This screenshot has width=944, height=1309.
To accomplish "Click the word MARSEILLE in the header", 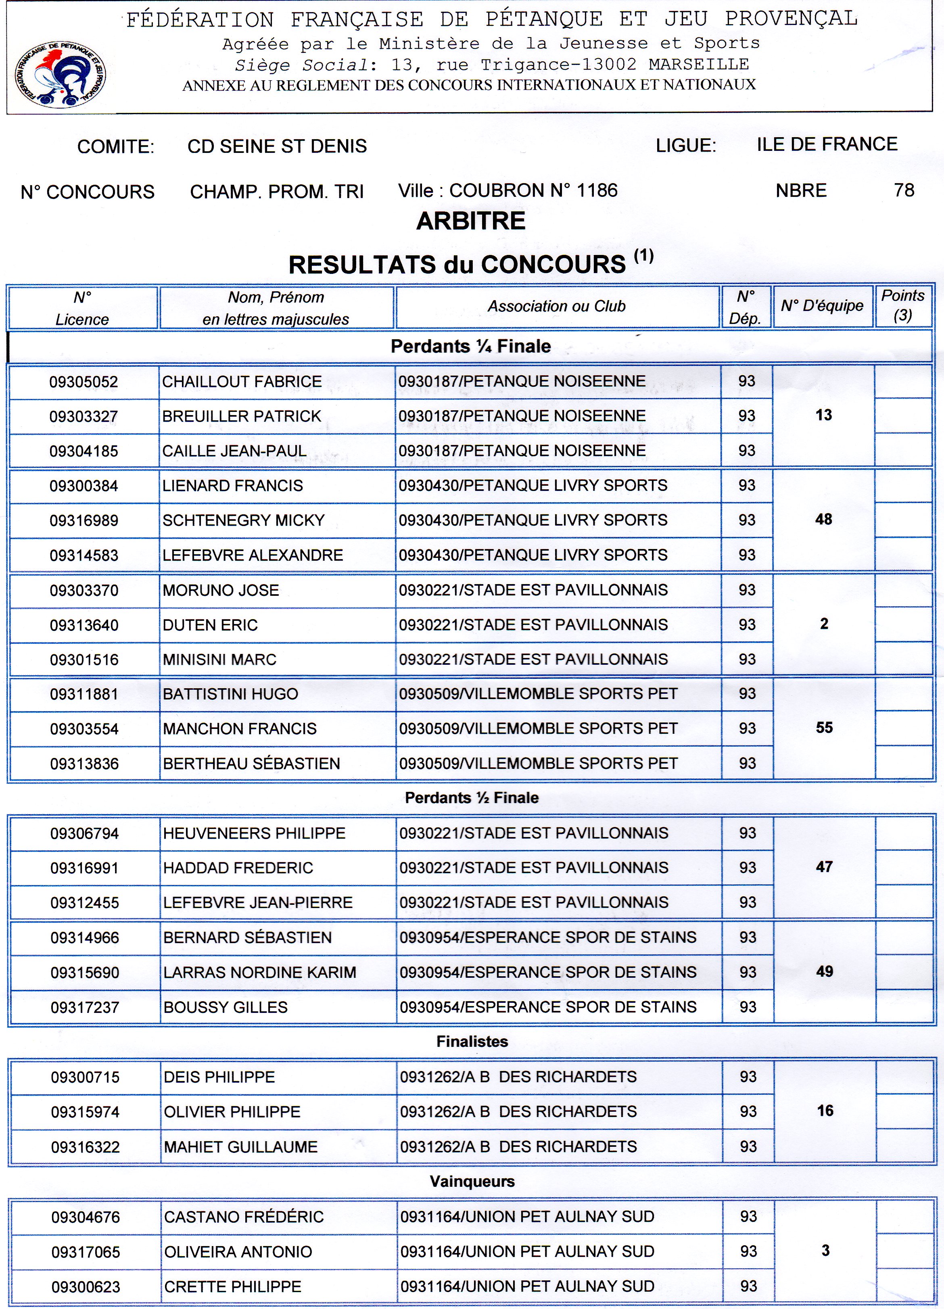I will click(699, 64).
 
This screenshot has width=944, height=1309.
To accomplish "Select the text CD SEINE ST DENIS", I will click(277, 146).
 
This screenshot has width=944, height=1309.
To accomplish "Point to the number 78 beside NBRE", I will click(904, 190).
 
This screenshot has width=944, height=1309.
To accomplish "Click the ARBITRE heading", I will click(470, 221).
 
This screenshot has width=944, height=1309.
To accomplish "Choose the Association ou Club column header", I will click(557, 307).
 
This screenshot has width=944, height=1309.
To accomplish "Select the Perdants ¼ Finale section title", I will click(470, 346).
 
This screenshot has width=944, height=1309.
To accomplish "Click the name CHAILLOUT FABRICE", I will click(242, 382).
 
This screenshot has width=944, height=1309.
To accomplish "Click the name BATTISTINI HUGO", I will click(230, 694).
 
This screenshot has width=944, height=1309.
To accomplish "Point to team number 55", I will click(824, 728).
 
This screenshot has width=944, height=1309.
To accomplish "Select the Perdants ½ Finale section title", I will click(472, 798).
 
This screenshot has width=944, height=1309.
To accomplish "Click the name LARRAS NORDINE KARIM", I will click(260, 972).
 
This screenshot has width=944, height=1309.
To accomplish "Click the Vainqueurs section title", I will click(472, 1182).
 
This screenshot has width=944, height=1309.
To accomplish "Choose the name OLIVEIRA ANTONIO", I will click(238, 1252).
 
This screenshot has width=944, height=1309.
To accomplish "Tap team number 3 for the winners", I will click(825, 1251).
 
